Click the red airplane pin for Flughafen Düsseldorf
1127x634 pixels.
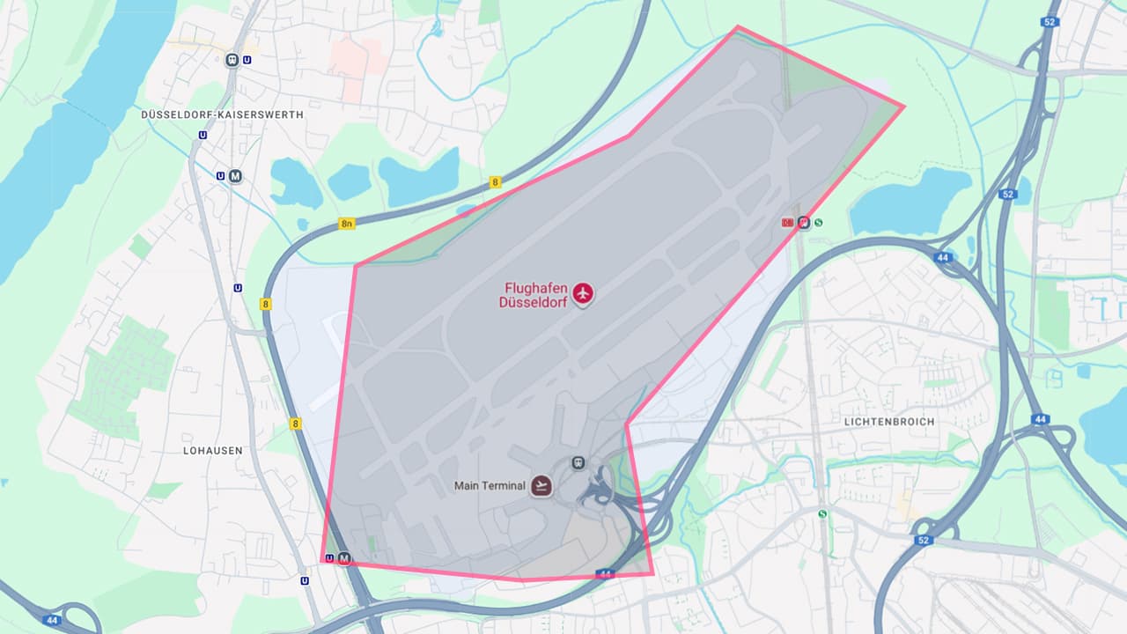pyautogui.click(x=582, y=293)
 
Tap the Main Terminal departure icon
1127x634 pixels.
pyautogui.click(x=541, y=485)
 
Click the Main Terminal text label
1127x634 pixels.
pyautogui.click(x=490, y=486)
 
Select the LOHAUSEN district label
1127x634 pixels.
pyautogui.click(x=212, y=450)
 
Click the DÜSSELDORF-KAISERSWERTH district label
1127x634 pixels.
pyautogui.click(x=222, y=114)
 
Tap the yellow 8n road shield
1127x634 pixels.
pyautogui.click(x=346, y=224)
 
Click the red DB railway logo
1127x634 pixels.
pyautogui.click(x=788, y=222)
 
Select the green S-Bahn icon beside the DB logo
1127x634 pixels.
pyautogui.click(x=819, y=222)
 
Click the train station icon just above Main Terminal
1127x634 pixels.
pyautogui.click(x=578, y=461)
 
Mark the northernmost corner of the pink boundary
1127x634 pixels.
pyautogui.click(x=737, y=26)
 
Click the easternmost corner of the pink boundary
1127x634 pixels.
pyautogui.click(x=903, y=107)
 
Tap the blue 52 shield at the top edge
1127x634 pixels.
pyautogui.click(x=1049, y=22)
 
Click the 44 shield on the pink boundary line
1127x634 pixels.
pyautogui.click(x=604, y=574)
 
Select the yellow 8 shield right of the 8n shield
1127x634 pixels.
pyautogui.click(x=495, y=182)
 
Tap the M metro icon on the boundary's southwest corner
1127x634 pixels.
pyautogui.click(x=344, y=558)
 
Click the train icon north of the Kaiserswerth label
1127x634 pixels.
pyautogui.click(x=232, y=60)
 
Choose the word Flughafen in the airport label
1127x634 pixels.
pyautogui.click(x=533, y=287)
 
